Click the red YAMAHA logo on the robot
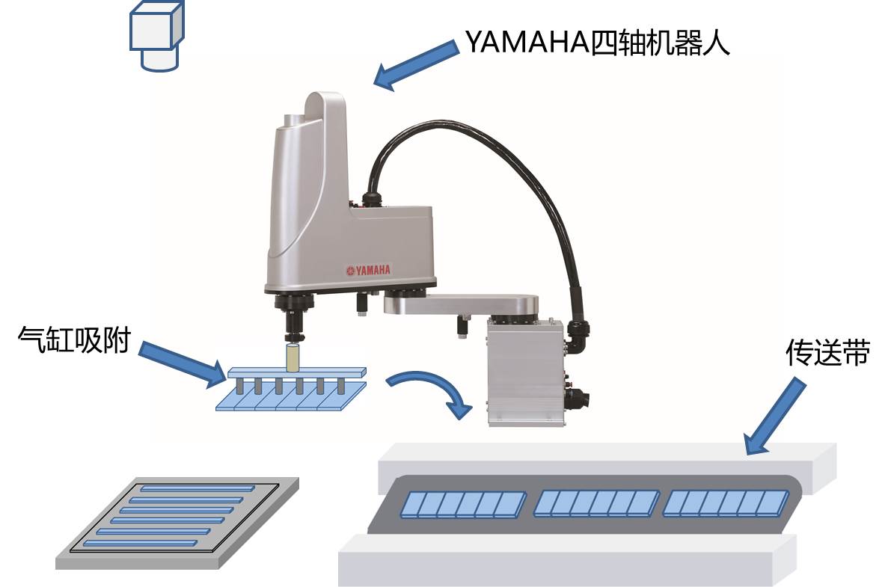pos(368,269)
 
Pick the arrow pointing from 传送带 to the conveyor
pos(775,416)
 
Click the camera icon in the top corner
pos(156,35)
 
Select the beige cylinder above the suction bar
pos(293,357)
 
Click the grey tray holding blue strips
pos(179,523)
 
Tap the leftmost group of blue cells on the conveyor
pos(464,505)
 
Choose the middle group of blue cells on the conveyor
pos(597,504)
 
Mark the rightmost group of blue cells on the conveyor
pos(726,504)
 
